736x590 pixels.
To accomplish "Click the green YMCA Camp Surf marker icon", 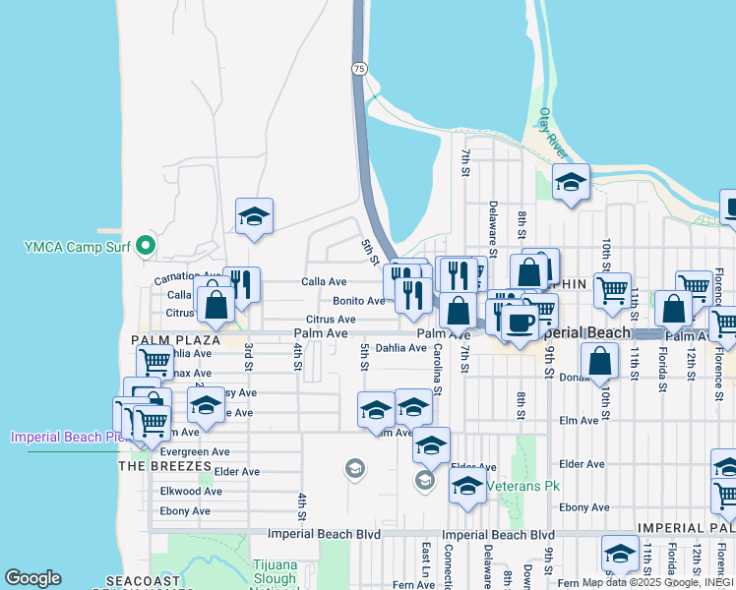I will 147,245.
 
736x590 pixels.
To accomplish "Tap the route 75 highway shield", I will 360,68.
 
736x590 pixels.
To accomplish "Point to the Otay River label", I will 552,134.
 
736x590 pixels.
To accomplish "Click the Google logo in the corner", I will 32,578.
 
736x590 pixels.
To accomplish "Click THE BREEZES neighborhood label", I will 164,465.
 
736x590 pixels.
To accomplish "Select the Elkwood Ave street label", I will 191,491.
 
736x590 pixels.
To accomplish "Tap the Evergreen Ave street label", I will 190,452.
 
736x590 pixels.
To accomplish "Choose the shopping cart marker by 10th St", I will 611,290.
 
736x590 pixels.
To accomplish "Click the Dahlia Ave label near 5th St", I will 400,347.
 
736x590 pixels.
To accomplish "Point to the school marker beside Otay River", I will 571,182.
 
